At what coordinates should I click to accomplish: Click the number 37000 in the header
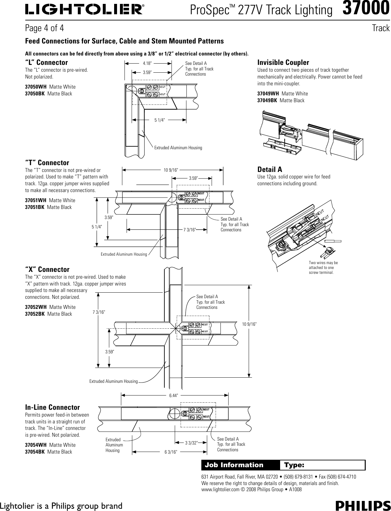pos(366,8)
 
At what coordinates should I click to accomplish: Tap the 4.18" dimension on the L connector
pos(148,63)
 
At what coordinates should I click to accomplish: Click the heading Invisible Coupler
pos(283,62)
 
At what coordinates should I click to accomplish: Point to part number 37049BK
pos(267,100)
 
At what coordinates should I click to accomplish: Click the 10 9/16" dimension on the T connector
pos(171,169)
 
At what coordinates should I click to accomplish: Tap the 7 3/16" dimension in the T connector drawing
pos(190,230)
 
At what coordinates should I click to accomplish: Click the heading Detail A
pos(269,169)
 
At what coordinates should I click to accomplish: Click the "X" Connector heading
pos(47,269)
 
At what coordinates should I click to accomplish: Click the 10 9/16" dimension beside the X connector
pos(249,324)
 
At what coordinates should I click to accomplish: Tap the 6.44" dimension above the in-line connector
pos(174,395)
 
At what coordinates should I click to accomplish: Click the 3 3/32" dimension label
pos(191,443)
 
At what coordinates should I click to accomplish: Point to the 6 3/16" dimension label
pos(171,452)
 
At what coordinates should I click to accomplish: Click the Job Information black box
pos(240,465)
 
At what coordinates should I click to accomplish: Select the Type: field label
pos(294,465)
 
